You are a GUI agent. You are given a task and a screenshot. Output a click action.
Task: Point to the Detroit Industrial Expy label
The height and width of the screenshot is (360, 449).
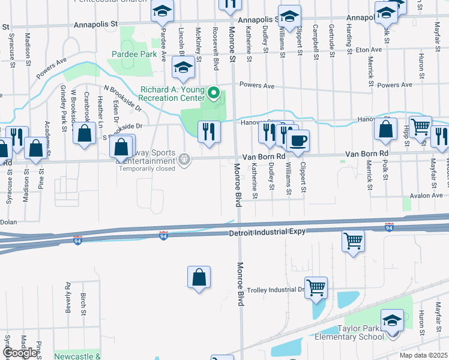coord(268,232)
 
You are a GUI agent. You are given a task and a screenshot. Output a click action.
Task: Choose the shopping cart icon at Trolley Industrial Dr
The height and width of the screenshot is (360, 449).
coord(316,286)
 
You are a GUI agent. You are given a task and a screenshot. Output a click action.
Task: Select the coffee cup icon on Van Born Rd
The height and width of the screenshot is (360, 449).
coord(298,140)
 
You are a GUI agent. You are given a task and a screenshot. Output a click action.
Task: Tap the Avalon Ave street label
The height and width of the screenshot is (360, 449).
coord(426,196)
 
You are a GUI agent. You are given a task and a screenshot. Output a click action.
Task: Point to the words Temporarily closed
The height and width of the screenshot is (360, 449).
coord(146,169)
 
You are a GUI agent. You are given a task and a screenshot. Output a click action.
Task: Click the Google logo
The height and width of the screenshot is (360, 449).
coord(20,353)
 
